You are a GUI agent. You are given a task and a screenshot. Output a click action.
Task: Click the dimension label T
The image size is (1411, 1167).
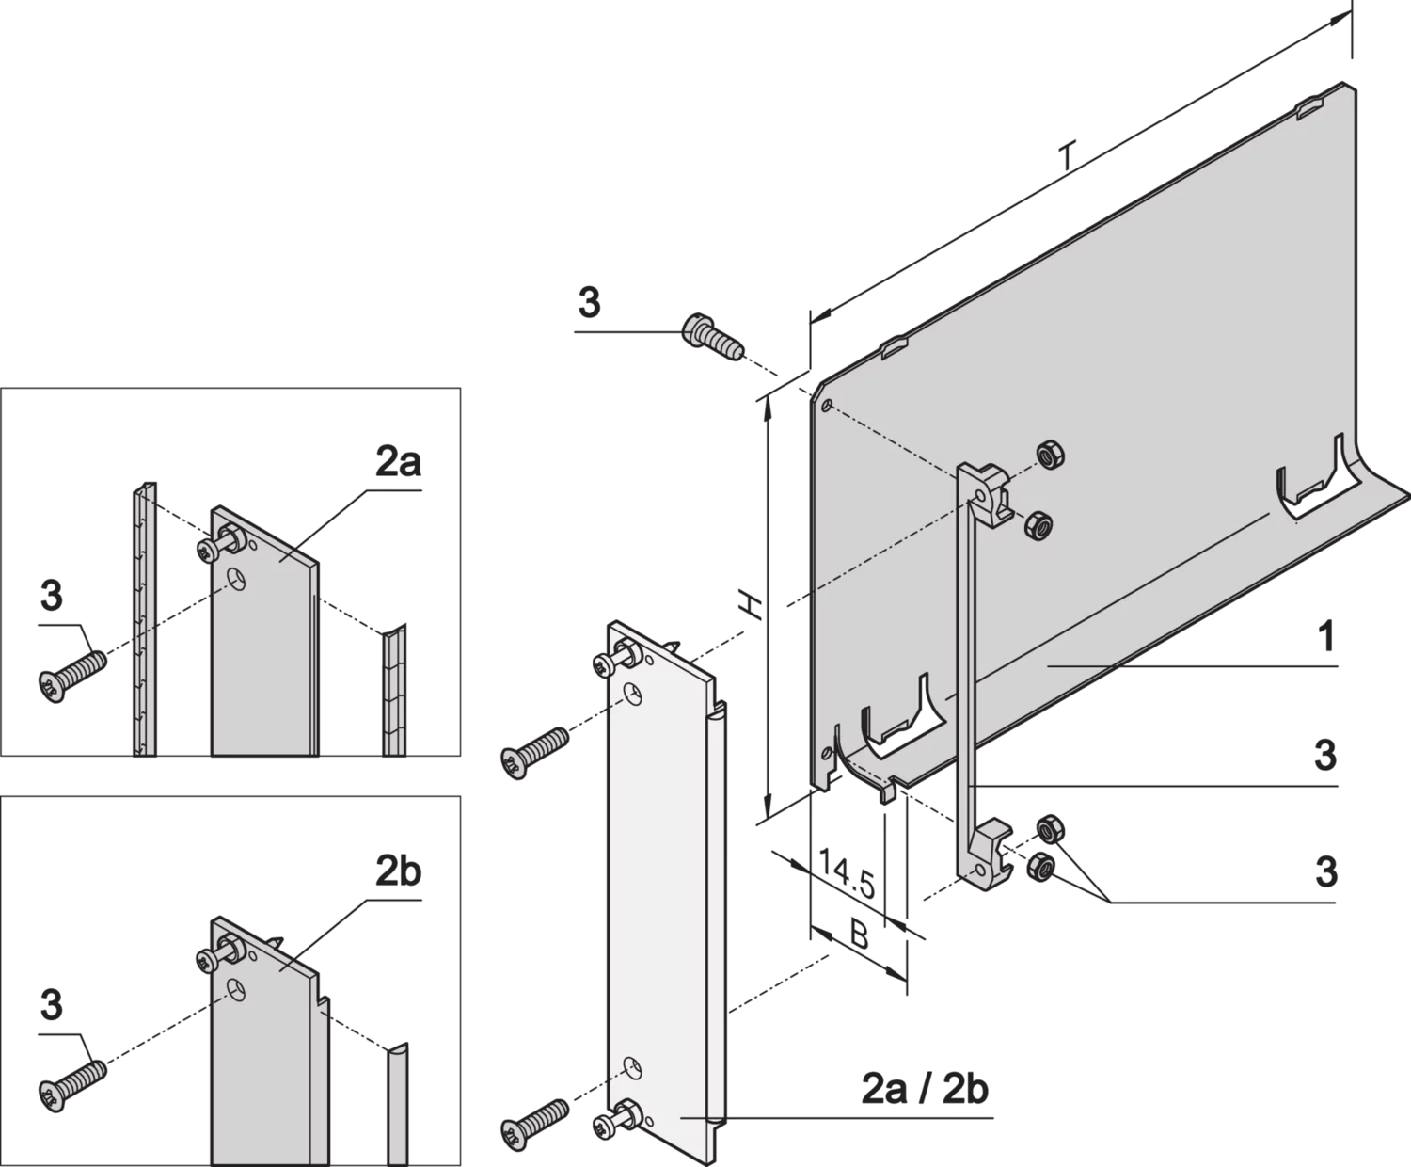(x=1067, y=157)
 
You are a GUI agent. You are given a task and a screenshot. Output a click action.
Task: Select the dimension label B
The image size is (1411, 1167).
(x=859, y=935)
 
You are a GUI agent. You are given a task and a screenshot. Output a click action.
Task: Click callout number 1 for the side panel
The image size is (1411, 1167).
(x=1326, y=636)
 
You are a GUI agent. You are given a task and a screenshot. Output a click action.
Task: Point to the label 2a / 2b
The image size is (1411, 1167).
(x=925, y=1108)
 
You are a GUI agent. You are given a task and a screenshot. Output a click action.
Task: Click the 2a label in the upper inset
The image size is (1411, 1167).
(x=398, y=462)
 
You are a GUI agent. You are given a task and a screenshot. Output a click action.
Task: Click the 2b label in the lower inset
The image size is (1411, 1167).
(x=398, y=871)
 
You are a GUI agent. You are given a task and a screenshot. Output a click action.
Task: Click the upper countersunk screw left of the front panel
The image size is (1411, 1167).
(x=534, y=753)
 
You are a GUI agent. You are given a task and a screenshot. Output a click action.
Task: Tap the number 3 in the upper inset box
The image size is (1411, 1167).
(x=52, y=595)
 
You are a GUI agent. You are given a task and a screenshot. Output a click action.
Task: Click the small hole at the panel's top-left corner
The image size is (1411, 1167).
(x=826, y=405)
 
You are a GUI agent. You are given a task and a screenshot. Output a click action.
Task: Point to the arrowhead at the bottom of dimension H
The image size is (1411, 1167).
(x=768, y=808)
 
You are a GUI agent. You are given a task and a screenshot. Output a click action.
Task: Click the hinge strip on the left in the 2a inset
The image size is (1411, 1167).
(x=145, y=618)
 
